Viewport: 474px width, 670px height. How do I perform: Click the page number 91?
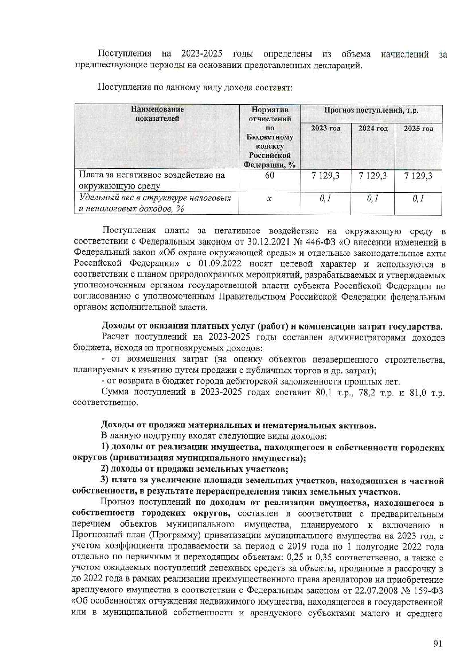click(x=438, y=644)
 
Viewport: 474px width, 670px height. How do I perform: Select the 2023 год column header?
click(x=325, y=128)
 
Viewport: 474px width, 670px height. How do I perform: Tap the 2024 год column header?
click(x=373, y=128)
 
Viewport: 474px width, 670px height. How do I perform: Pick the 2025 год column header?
click(x=418, y=128)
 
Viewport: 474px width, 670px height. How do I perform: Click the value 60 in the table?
click(x=269, y=175)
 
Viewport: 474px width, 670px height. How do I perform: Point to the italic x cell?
click(x=269, y=198)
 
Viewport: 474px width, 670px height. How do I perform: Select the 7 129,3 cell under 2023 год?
click(x=325, y=176)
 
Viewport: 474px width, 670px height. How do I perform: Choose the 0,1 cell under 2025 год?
click(x=418, y=198)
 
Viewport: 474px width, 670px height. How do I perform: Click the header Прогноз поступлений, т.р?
click(x=371, y=110)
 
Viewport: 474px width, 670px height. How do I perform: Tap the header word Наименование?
click(x=157, y=109)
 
